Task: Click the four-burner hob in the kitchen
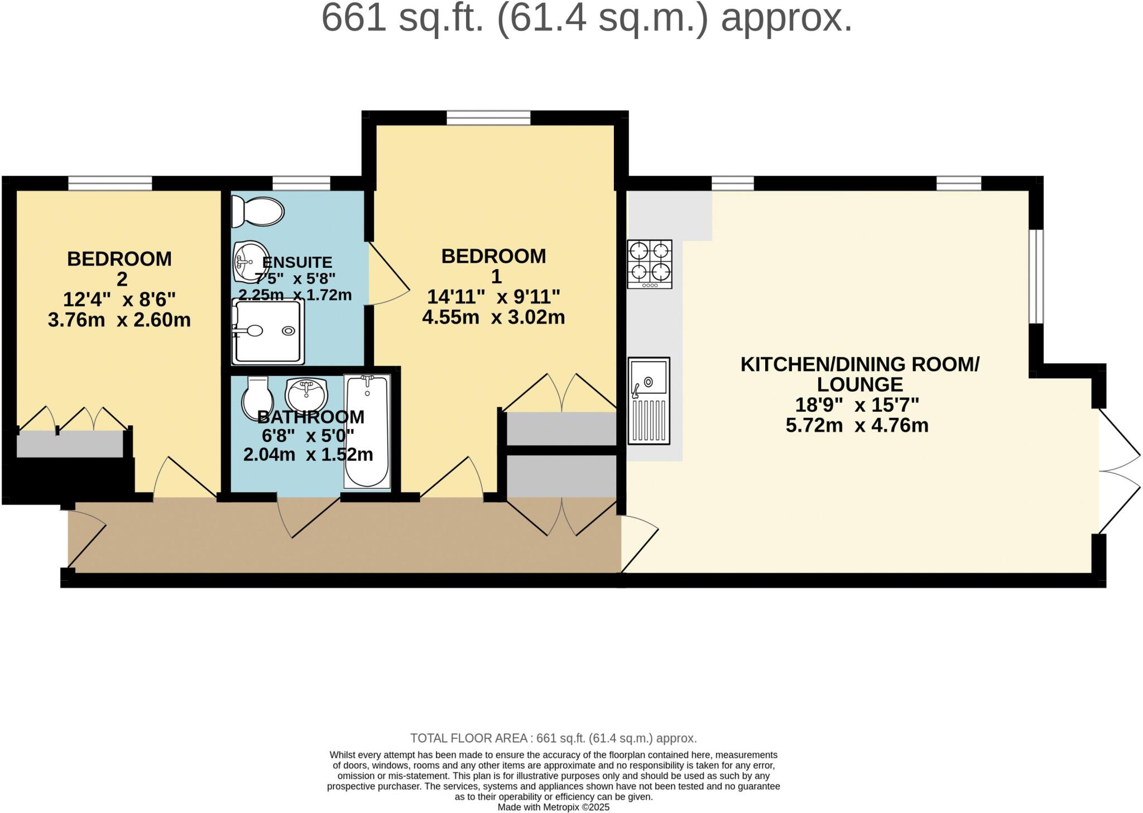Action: (649, 264)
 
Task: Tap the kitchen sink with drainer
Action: (649, 400)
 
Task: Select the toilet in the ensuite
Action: (258, 211)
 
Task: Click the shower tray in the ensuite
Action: (269, 331)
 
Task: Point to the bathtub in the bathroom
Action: (367, 432)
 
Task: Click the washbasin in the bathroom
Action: (305, 394)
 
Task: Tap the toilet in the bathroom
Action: (257, 397)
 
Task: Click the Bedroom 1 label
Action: (494, 266)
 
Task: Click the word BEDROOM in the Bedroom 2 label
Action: (119, 259)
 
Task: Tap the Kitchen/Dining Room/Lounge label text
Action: (859, 374)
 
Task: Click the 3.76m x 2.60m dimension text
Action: (119, 320)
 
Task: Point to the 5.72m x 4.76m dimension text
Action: (857, 426)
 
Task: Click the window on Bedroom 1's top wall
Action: (488, 118)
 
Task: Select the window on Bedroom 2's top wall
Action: (110, 183)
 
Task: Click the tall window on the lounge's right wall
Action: (1036, 276)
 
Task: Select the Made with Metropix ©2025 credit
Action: (553, 807)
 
